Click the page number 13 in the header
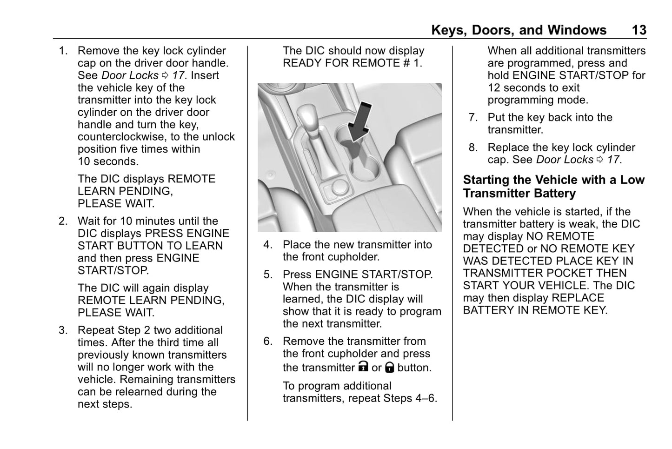coord(639,30)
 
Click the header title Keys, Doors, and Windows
coord(519,30)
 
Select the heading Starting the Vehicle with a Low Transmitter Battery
coord(553,187)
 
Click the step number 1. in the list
coord(63,51)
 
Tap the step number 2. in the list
coord(63,221)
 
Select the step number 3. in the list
coord(63,330)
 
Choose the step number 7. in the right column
coord(473,118)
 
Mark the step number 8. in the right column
coord(473,148)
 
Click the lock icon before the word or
coord(363,367)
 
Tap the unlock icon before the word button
coord(390,368)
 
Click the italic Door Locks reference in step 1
coord(130,75)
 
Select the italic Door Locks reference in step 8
coord(565,160)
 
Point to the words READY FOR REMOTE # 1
coord(353,63)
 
